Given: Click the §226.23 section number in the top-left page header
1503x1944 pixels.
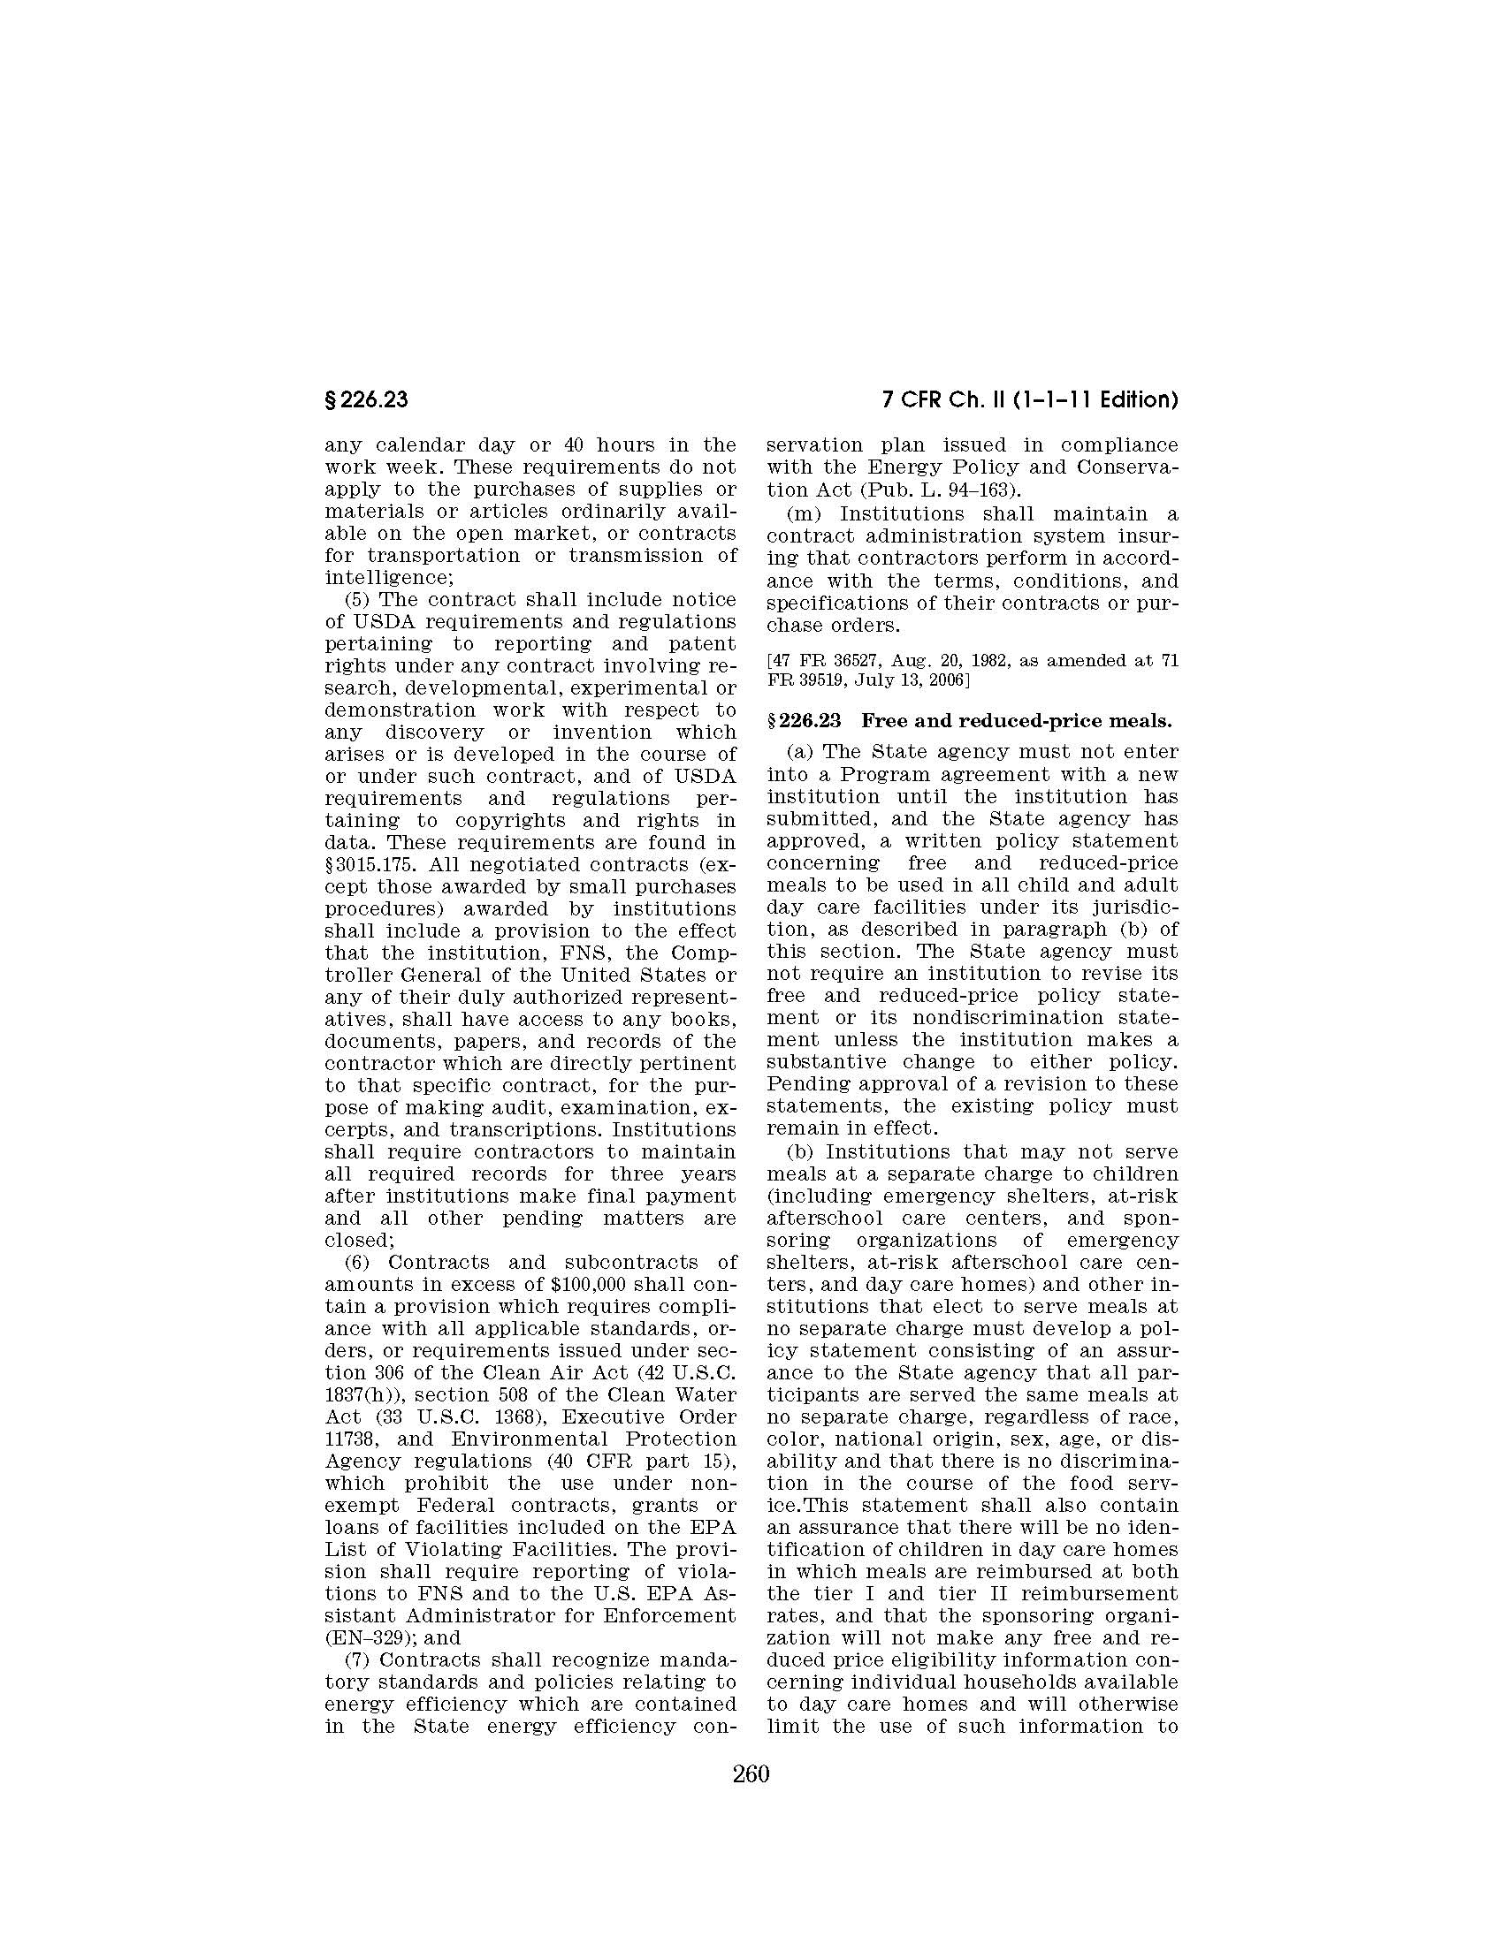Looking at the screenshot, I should [366, 400].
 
